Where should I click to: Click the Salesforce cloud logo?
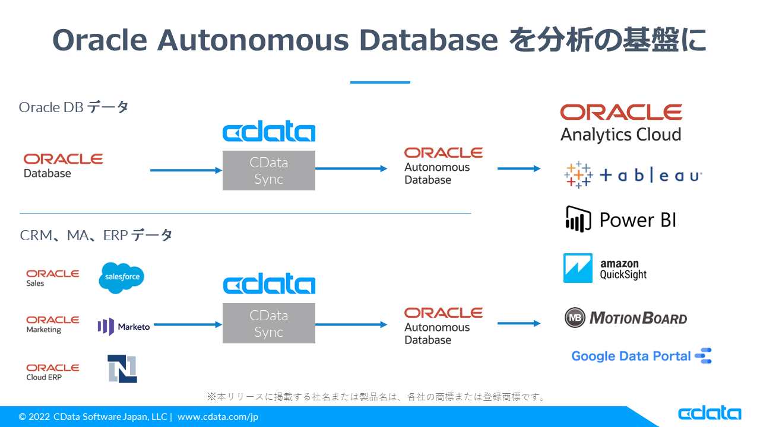[x=121, y=278]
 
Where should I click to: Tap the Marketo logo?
[x=123, y=326]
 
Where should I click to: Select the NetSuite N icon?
[x=122, y=368]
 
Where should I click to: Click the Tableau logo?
[x=633, y=176]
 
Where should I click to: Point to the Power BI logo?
[x=620, y=220]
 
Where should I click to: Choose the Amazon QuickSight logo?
[x=605, y=269]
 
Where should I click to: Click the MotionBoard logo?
[x=626, y=318]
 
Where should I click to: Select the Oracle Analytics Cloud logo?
[x=621, y=123]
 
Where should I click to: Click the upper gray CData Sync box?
[x=268, y=171]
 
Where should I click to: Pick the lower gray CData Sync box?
[x=268, y=323]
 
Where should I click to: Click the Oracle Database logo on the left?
[x=63, y=165]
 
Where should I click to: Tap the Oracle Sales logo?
[x=52, y=278]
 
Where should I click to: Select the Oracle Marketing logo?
[x=52, y=324]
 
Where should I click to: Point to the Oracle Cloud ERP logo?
[x=52, y=372]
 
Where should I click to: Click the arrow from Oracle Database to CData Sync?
[x=186, y=171]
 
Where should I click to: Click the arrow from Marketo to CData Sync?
[x=188, y=324]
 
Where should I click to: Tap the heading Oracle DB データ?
[x=74, y=107]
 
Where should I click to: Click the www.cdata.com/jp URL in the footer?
[x=217, y=417]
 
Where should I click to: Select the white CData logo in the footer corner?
[x=709, y=413]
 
